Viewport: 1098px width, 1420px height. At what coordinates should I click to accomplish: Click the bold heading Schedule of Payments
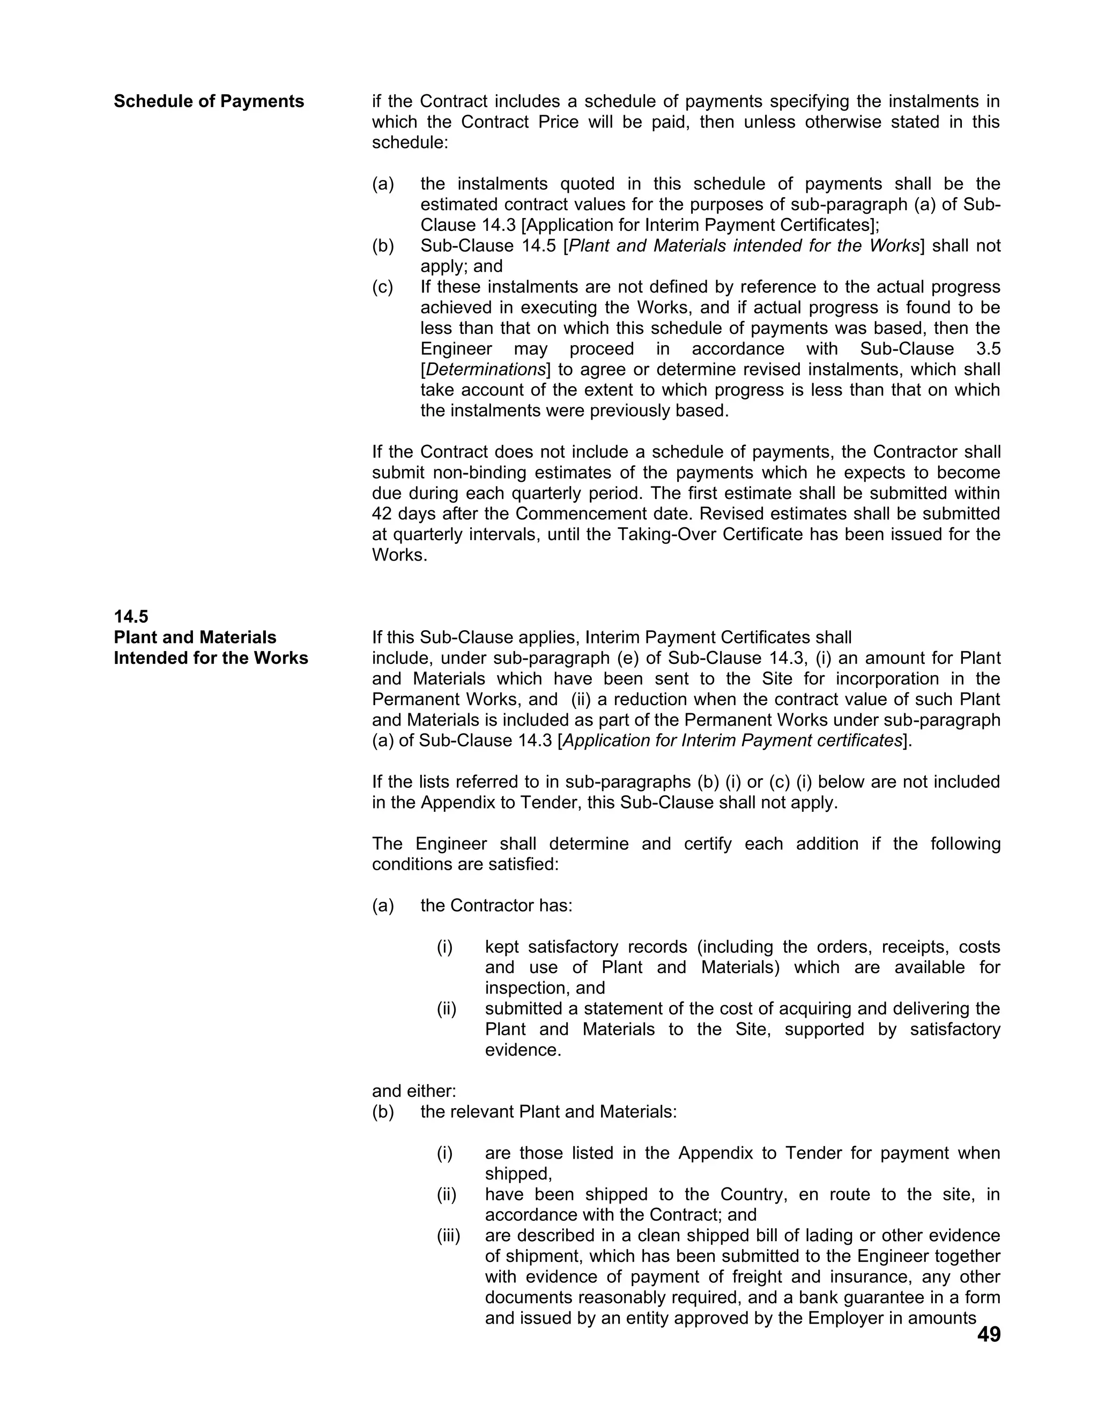pyautogui.click(x=209, y=101)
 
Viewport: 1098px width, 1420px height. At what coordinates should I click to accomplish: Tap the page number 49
pyautogui.click(x=988, y=1334)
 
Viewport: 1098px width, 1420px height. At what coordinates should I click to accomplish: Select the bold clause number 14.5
pyautogui.click(x=131, y=616)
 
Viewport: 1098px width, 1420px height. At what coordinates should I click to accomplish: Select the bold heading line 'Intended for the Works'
pyautogui.click(x=211, y=658)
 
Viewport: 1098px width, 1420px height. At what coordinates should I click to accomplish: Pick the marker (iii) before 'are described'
pyautogui.click(x=448, y=1235)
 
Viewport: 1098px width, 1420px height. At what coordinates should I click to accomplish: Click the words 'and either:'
pyautogui.click(x=414, y=1090)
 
